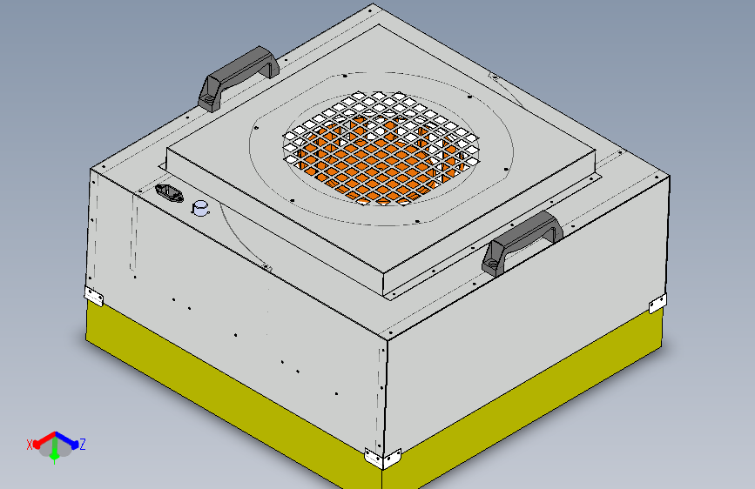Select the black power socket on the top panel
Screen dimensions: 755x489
170,193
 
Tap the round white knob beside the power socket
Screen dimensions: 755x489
200,208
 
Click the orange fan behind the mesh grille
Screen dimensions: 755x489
381,159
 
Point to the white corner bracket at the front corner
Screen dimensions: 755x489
383,459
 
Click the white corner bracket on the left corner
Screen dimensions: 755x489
94,296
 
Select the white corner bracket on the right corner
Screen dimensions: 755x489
657,304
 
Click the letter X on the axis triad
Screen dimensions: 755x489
30,445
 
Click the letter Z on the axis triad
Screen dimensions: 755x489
83,445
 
